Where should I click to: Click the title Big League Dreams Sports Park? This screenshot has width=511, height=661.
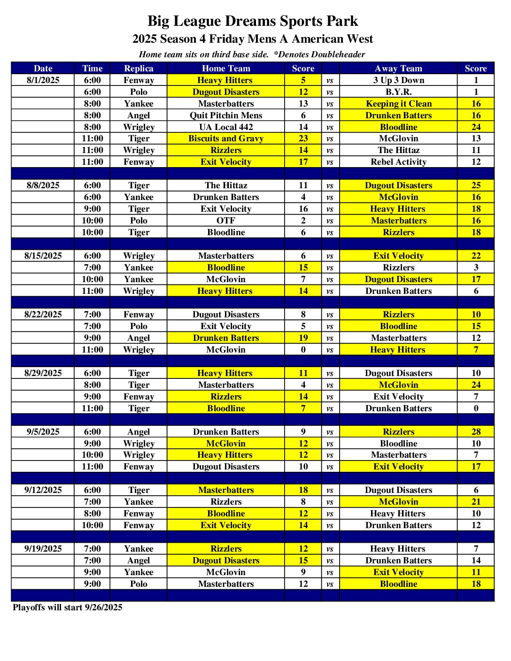click(x=253, y=21)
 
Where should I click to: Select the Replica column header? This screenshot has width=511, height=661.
click(x=139, y=69)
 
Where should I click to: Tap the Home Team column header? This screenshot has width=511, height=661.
click(x=226, y=69)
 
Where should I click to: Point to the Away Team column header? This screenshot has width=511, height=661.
click(x=398, y=69)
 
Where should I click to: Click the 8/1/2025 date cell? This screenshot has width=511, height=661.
click(x=43, y=80)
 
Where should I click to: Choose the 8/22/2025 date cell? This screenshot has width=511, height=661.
click(x=43, y=315)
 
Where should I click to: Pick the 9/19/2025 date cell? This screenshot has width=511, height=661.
click(x=43, y=549)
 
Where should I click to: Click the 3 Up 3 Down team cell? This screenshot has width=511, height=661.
click(x=398, y=80)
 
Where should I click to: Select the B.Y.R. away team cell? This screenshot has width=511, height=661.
click(x=398, y=92)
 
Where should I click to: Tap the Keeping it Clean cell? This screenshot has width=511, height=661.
click(x=398, y=104)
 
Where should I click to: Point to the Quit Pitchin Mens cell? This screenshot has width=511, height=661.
click(x=226, y=115)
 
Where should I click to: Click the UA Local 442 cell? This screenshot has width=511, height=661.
click(x=226, y=127)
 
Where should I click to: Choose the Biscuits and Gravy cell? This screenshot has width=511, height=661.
click(x=226, y=138)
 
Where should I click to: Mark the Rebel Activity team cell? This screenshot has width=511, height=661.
click(x=398, y=162)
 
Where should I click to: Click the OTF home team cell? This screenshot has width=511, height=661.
click(x=226, y=221)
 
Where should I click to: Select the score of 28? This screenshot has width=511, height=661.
click(x=476, y=432)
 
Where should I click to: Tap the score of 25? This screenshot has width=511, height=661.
click(x=476, y=185)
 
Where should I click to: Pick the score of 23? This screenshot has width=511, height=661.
click(x=303, y=138)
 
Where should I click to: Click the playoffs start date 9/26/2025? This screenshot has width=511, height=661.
click(x=103, y=607)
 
